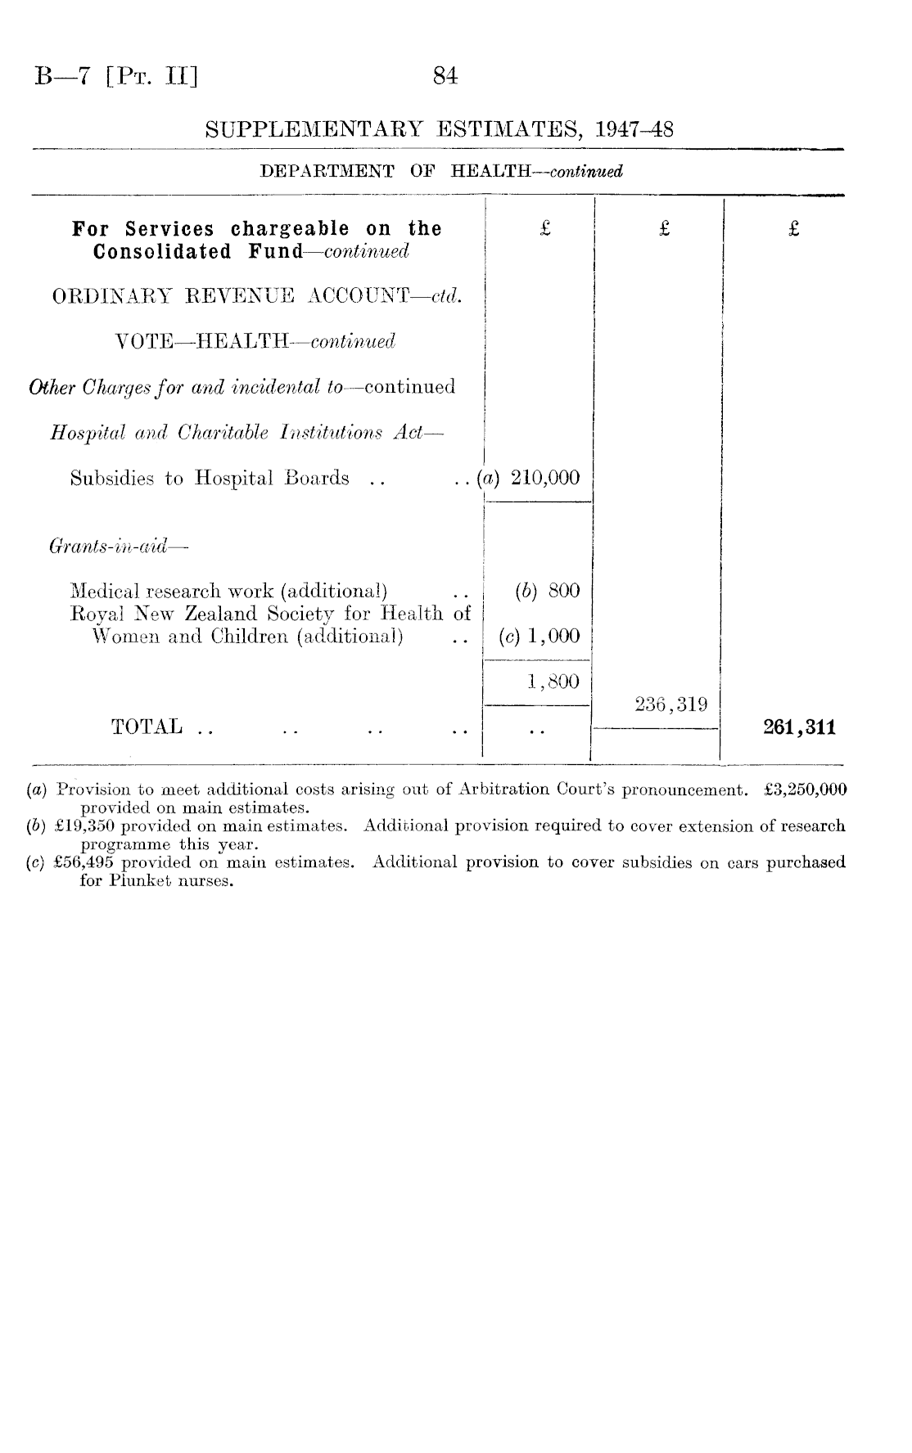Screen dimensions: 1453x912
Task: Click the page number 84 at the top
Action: pos(445,77)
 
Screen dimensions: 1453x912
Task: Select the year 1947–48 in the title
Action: pos(634,129)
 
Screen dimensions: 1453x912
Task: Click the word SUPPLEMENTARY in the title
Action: pos(315,129)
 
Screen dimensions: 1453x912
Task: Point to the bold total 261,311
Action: pos(799,727)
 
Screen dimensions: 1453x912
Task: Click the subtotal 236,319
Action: pos(670,704)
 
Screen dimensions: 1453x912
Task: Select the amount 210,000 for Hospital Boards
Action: pos(545,478)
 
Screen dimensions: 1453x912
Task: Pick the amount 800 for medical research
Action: pos(564,590)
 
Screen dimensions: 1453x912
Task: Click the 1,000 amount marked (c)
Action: pos(554,636)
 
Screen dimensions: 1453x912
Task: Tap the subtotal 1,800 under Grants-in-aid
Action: pos(553,681)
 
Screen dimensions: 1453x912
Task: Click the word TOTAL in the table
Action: pos(147,726)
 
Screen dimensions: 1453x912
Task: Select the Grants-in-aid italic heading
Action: pos(107,545)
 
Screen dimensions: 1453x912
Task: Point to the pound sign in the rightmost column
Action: pos(793,229)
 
